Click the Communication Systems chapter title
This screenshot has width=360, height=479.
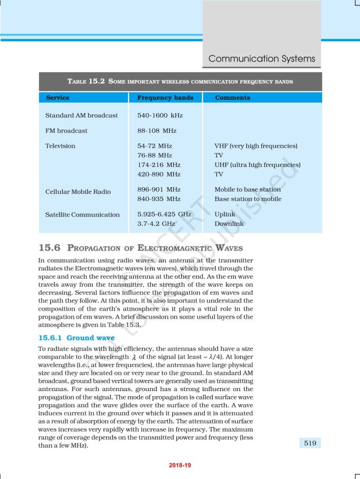coord(262,59)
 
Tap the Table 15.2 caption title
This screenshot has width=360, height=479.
coord(180,81)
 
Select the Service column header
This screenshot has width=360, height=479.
coord(58,98)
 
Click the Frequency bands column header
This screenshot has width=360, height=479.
coord(165,98)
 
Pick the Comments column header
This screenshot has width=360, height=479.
coord(232,98)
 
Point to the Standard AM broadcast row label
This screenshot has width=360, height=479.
coord(81,116)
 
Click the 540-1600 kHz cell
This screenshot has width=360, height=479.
coord(160,116)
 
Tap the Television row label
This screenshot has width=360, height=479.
coord(60,146)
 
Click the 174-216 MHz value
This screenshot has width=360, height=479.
coord(159,165)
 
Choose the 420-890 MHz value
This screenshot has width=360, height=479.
coord(159,174)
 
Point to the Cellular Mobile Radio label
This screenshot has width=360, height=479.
coord(78,192)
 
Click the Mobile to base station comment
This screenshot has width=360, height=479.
coord(248,189)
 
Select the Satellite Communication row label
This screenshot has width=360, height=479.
coord(82,215)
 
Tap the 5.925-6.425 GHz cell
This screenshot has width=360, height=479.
coord(164,214)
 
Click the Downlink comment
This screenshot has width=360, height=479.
coord(229,224)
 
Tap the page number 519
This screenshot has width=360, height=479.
coord(310,443)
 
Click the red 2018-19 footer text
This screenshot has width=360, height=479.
coord(180,465)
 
